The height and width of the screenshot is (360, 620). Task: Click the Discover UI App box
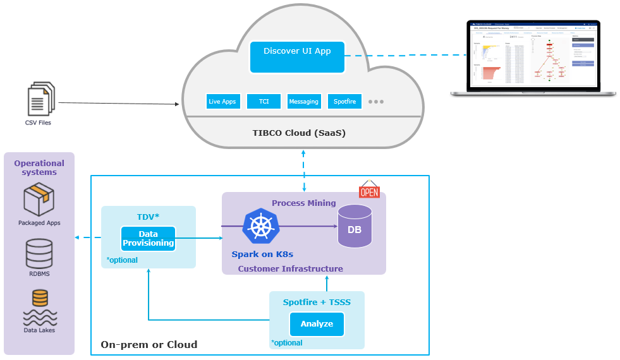[297, 56]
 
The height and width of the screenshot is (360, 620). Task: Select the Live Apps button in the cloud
[223, 101]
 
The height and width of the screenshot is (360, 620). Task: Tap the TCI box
[264, 101]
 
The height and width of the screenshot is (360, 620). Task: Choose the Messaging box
[303, 101]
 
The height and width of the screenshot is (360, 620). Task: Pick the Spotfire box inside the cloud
[344, 101]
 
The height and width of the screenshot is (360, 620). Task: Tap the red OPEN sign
[369, 190]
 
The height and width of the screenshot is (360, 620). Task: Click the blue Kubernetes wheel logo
[260, 226]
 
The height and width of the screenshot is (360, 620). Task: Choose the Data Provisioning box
[148, 239]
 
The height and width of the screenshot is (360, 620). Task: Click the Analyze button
[317, 324]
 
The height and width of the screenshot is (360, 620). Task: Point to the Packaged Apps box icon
[39, 200]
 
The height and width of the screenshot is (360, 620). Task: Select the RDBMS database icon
[39, 254]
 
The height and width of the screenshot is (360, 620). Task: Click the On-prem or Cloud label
[149, 345]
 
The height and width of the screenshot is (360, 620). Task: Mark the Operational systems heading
[39, 167]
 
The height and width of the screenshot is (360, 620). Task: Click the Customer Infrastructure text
[290, 269]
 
